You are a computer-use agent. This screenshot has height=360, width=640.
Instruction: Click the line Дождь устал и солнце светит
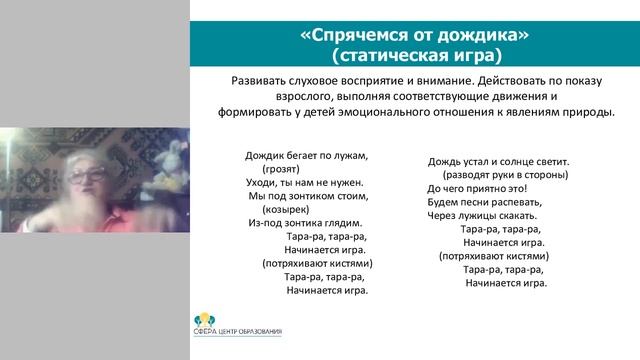click(498, 160)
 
